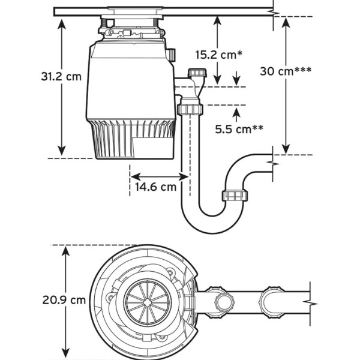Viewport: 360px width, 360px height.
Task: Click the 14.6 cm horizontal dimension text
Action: (x=155, y=186)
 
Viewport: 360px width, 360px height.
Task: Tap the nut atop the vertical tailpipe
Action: (x=189, y=110)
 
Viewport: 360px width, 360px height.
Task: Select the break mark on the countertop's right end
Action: (x=274, y=11)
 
